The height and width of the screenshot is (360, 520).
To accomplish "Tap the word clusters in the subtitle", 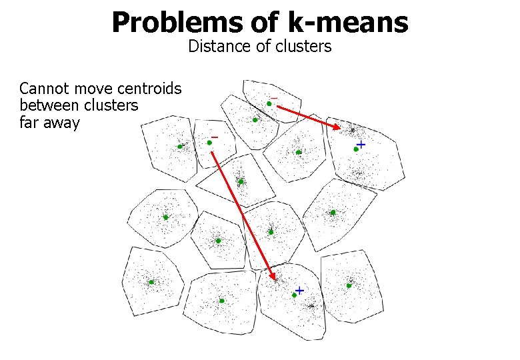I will click(303, 47).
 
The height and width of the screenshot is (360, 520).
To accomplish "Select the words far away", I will click(49, 123).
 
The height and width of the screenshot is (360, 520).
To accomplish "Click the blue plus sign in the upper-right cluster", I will click(361, 144).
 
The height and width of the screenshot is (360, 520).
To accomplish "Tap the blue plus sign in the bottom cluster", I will click(299, 290).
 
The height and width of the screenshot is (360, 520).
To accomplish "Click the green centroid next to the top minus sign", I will click(269, 103).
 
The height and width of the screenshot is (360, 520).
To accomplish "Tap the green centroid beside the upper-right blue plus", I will click(356, 149).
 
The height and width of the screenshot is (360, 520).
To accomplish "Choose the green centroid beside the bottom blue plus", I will click(294, 295).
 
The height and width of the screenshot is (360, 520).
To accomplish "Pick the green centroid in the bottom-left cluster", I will click(151, 282).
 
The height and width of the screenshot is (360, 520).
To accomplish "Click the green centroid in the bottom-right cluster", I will click(349, 286).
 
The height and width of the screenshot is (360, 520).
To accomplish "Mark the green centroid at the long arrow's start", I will click(209, 142).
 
